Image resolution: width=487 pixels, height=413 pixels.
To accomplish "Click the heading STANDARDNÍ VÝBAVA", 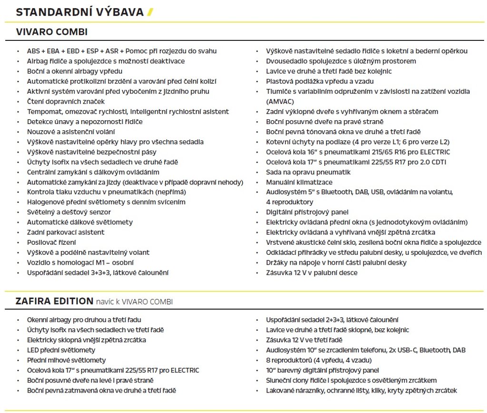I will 79,12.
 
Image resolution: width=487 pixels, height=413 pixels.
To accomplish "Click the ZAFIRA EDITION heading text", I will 54,301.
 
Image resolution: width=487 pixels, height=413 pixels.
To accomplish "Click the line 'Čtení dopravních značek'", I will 66,102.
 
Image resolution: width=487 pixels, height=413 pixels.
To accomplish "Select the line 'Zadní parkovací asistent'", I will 66,232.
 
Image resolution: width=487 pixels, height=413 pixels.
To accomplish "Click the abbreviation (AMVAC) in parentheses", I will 280,102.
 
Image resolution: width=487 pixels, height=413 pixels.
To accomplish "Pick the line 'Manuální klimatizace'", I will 299,182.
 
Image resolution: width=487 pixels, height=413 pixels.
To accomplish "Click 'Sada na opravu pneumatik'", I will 308,172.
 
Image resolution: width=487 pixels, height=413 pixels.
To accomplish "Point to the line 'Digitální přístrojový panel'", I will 307,212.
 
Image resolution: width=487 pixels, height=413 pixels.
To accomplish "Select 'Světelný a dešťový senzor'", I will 69,212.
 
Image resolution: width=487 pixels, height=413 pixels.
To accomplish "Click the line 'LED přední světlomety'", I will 61,350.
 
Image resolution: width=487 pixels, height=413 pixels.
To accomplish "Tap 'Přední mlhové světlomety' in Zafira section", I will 67,360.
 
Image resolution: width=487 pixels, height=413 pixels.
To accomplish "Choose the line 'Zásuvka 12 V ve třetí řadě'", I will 304,340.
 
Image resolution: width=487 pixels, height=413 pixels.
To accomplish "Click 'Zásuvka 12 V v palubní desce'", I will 312,273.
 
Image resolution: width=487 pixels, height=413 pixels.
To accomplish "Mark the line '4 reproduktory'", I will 290,202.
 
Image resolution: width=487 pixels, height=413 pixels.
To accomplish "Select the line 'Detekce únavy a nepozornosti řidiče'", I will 85,122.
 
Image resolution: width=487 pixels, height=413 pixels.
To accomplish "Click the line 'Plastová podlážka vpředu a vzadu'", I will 320,81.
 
